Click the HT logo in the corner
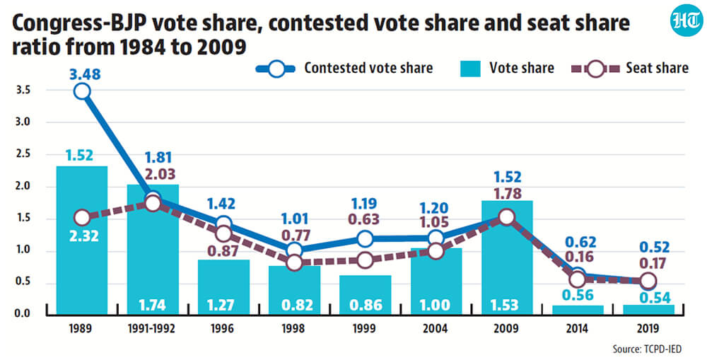[686, 21]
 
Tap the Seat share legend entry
[630, 68]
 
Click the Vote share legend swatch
[470, 69]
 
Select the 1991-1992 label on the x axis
[151, 329]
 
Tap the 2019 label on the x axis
[648, 329]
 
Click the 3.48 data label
[85, 74]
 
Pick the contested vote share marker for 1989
[82, 91]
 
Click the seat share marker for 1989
[82, 218]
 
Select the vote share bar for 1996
[223, 287]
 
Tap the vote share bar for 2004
[436, 281]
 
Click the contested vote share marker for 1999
[365, 238]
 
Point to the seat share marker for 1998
[294, 262]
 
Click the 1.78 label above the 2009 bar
[507, 194]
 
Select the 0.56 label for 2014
[577, 295]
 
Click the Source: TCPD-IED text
[647, 349]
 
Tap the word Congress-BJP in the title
[78, 23]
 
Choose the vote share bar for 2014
[578, 310]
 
